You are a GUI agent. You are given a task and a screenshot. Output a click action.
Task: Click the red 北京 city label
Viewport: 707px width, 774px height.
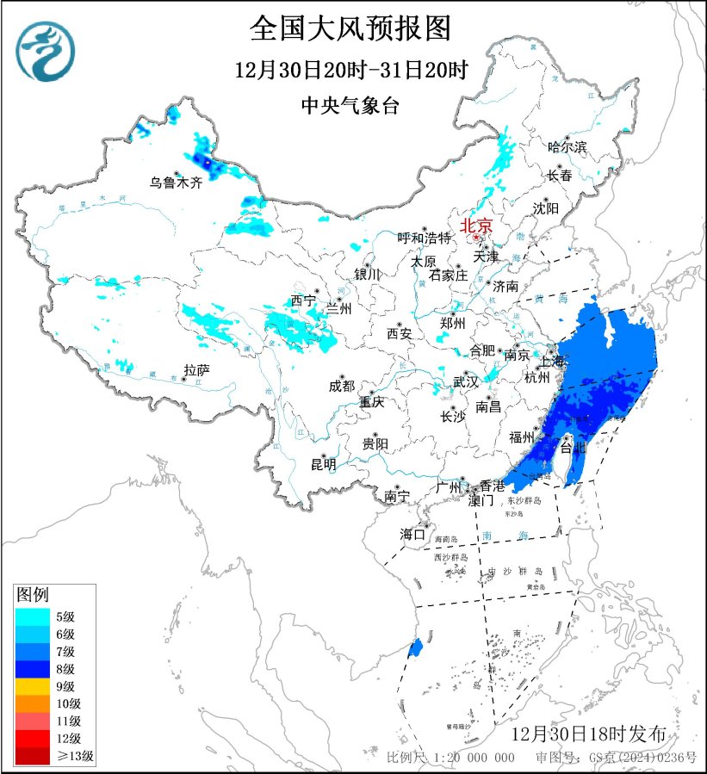click(476, 226)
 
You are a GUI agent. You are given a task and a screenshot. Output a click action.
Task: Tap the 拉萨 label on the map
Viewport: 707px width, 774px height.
click(196, 370)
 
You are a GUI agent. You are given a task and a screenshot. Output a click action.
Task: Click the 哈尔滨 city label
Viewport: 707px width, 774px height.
click(567, 147)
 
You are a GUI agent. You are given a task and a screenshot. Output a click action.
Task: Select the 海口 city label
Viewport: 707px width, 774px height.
click(412, 535)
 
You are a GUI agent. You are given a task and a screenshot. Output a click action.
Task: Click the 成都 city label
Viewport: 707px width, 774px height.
click(341, 387)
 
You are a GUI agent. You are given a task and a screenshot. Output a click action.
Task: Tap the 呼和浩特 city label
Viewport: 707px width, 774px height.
click(424, 238)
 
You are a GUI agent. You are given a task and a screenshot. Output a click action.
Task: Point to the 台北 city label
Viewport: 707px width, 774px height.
click(573, 448)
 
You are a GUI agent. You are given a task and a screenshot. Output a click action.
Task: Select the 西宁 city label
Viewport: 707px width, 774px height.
click(302, 300)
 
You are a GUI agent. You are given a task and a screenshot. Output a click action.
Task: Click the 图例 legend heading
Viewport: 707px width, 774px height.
click(34, 594)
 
